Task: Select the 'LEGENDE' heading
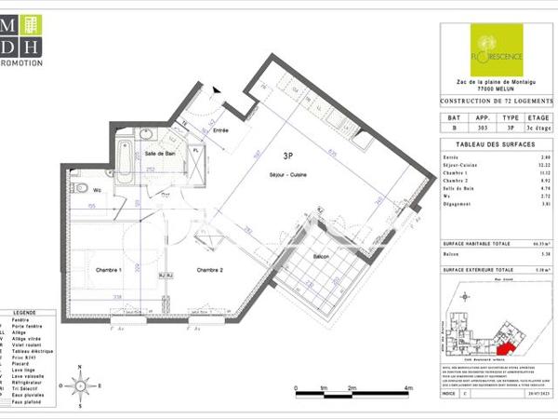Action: (25, 314)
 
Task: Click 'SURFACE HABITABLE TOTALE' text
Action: (475, 241)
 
